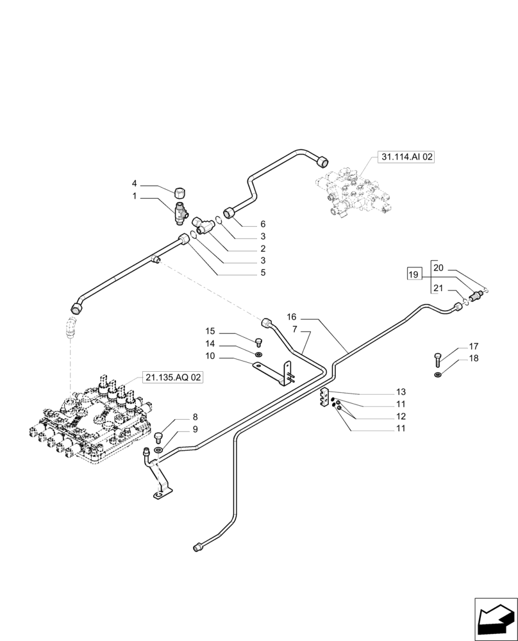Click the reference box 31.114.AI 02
(406, 157)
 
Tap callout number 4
(135, 183)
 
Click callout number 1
(135, 196)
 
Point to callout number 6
(262, 224)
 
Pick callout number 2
(262, 249)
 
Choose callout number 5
(262, 272)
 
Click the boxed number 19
(414, 275)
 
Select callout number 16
(292, 317)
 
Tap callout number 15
(210, 331)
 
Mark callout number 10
(210, 356)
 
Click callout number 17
(473, 346)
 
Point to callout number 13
(401, 392)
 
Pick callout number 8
(178, 417)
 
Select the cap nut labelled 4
(180, 191)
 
